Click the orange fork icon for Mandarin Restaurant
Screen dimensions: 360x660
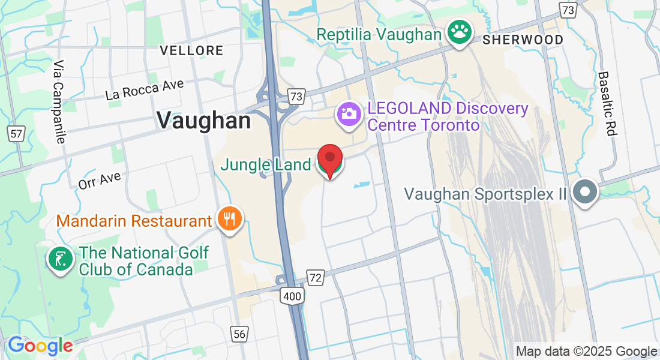pyautogui.click(x=228, y=220)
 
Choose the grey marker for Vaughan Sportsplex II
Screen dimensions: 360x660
pyautogui.click(x=584, y=192)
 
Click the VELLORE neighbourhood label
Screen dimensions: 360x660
pyautogui.click(x=192, y=50)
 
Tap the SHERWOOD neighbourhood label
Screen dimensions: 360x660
pyautogui.click(x=523, y=40)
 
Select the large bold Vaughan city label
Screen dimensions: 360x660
pyautogui.click(x=204, y=121)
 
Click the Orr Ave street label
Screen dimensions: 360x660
pyautogui.click(x=100, y=180)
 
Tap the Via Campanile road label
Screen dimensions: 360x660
pyautogui.click(x=59, y=101)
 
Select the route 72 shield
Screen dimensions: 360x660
pyautogui.click(x=316, y=277)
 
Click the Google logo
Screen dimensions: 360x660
pyautogui.click(x=40, y=346)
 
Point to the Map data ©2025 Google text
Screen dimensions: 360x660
pyautogui.click(x=587, y=352)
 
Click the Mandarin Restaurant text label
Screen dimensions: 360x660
pyautogui.click(x=134, y=221)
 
